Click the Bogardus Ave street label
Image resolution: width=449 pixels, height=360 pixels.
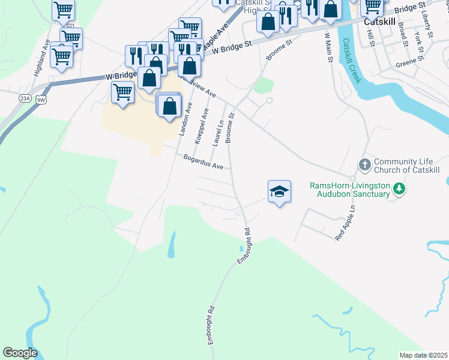click(203, 161)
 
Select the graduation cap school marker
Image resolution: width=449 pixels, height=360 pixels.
click(279, 191)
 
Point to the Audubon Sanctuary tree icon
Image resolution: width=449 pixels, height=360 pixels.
click(399, 190)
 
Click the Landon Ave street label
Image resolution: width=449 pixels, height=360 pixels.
click(186, 118)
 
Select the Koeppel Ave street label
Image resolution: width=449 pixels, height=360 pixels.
click(202, 125)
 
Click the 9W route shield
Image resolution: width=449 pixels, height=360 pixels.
click(41, 99)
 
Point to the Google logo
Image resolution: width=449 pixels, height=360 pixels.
click(20, 353)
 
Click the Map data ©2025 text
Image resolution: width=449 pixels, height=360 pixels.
click(423, 355)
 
